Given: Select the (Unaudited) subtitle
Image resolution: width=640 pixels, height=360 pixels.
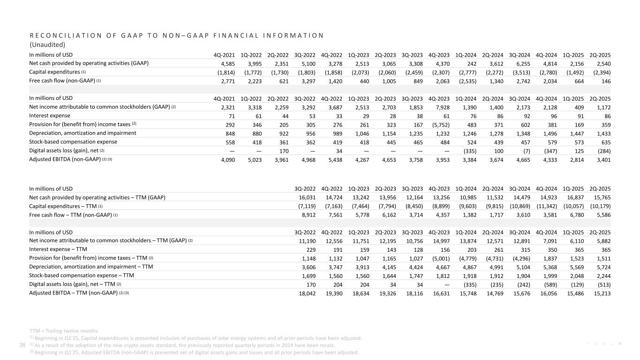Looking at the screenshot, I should pos(47,45).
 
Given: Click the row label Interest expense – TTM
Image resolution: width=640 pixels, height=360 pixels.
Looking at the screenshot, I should pos(58,249).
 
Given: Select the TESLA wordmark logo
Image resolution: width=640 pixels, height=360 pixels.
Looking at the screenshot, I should pos(602,345).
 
